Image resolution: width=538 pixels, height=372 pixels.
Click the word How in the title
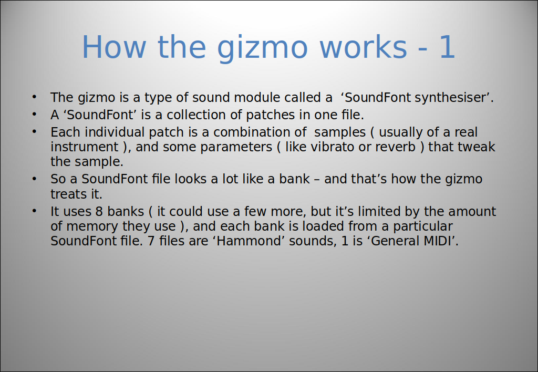click(114, 47)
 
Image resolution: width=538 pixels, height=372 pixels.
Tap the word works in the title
click(364, 47)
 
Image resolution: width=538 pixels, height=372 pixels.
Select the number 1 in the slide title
click(446, 47)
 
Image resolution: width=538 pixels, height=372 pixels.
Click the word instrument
click(85, 147)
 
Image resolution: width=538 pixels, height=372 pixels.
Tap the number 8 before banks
click(99, 211)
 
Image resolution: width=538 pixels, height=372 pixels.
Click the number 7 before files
click(151, 241)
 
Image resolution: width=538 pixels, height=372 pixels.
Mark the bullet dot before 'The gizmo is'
click(34, 97)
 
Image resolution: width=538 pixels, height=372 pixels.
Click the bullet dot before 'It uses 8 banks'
click(34, 211)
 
